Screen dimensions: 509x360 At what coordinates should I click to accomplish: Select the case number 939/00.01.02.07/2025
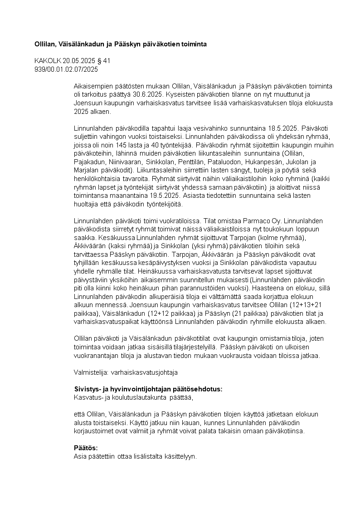tap(66, 69)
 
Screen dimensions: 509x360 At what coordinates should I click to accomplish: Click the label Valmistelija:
tap(91, 372)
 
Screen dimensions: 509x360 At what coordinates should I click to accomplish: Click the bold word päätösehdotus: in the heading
tap(199, 389)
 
